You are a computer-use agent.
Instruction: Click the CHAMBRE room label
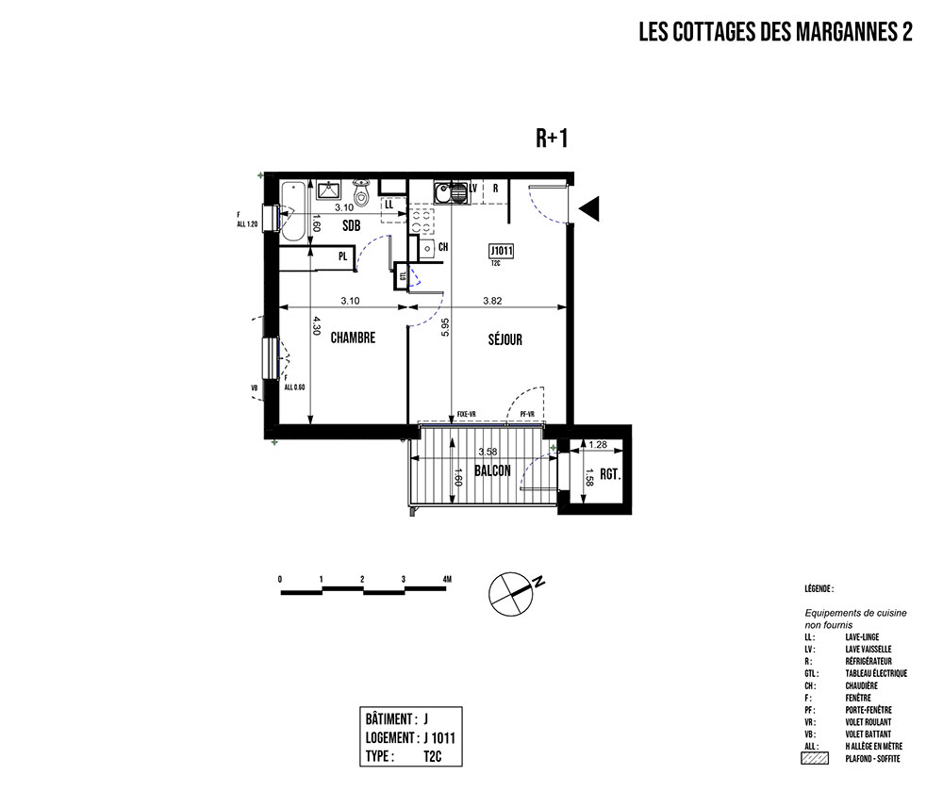tap(354, 338)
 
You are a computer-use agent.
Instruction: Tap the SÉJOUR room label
tap(505, 339)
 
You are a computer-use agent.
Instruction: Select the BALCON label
tap(492, 470)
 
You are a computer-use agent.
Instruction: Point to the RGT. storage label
tap(608, 475)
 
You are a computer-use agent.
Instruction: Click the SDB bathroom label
tap(351, 225)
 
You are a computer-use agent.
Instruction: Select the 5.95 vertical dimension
tap(444, 327)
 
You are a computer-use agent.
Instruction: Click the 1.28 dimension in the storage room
tap(597, 444)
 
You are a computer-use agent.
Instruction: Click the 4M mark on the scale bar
tap(445, 578)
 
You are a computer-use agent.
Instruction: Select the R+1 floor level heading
tap(551, 140)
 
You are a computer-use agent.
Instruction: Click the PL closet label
tap(342, 256)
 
